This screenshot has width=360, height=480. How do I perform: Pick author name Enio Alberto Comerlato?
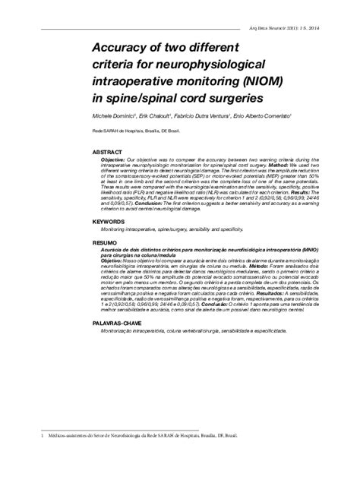[x=267, y=116]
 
